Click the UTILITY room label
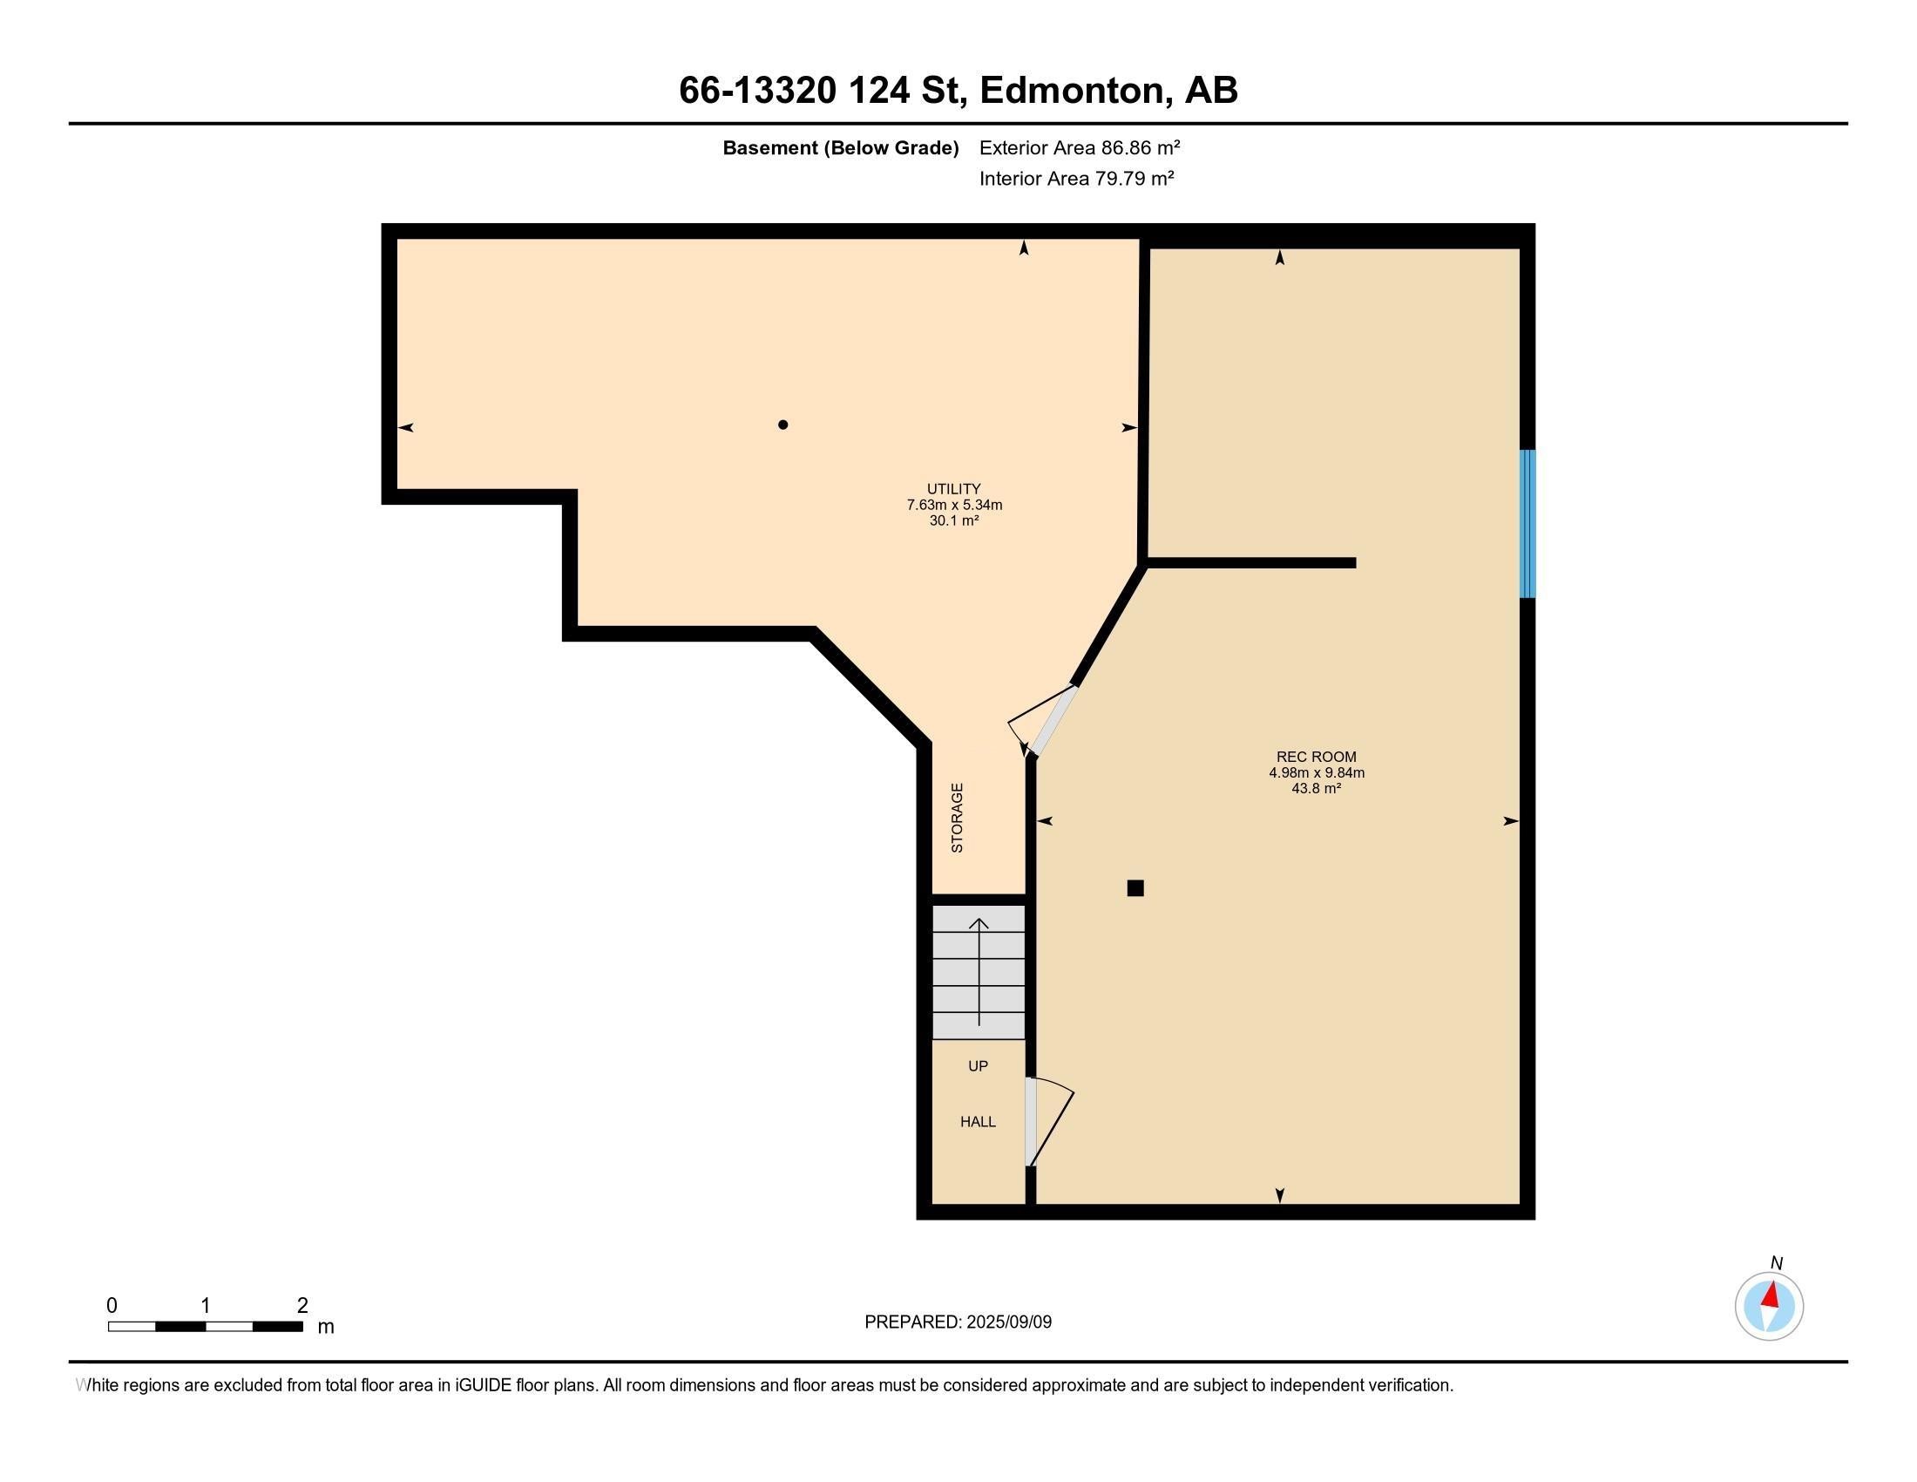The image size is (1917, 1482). (953, 489)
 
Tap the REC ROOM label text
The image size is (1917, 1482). (1316, 757)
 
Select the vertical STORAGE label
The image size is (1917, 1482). (958, 818)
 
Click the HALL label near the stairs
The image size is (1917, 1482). (978, 1122)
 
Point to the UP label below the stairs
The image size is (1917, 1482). (978, 1066)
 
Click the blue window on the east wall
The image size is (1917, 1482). (1528, 524)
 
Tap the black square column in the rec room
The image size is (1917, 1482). (1135, 888)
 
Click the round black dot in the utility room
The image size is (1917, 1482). (783, 425)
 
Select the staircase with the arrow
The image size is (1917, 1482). (978, 973)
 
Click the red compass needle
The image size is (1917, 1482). (1771, 1295)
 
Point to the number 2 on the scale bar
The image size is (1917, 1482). (302, 1306)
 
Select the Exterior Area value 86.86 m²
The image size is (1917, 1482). (1141, 147)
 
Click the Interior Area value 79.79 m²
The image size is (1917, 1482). (1134, 179)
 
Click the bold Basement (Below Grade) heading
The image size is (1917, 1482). (840, 148)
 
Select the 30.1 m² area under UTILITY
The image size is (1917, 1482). (954, 520)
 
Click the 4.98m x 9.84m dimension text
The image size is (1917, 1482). (1316, 773)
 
